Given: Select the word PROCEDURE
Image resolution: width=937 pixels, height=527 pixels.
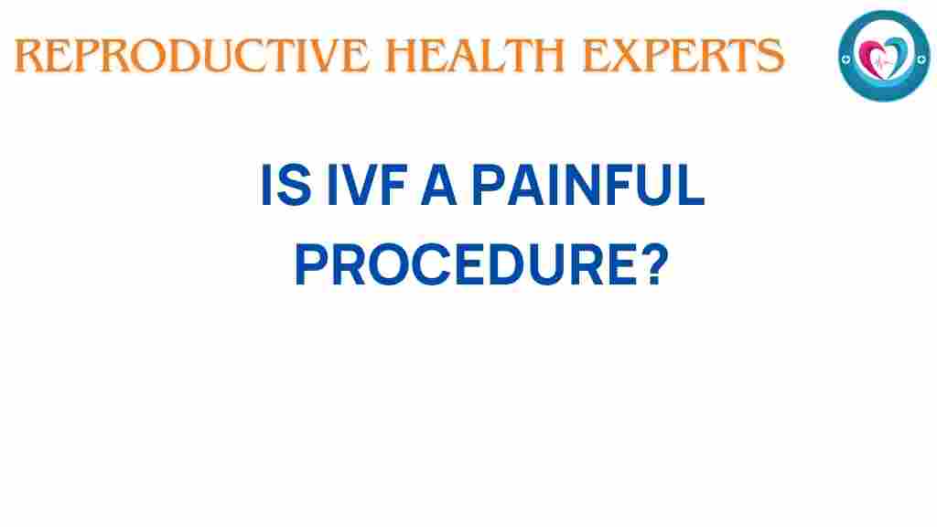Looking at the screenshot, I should (x=465, y=267).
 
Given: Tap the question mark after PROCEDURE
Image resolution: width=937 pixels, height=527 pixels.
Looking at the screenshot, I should (x=648, y=267).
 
